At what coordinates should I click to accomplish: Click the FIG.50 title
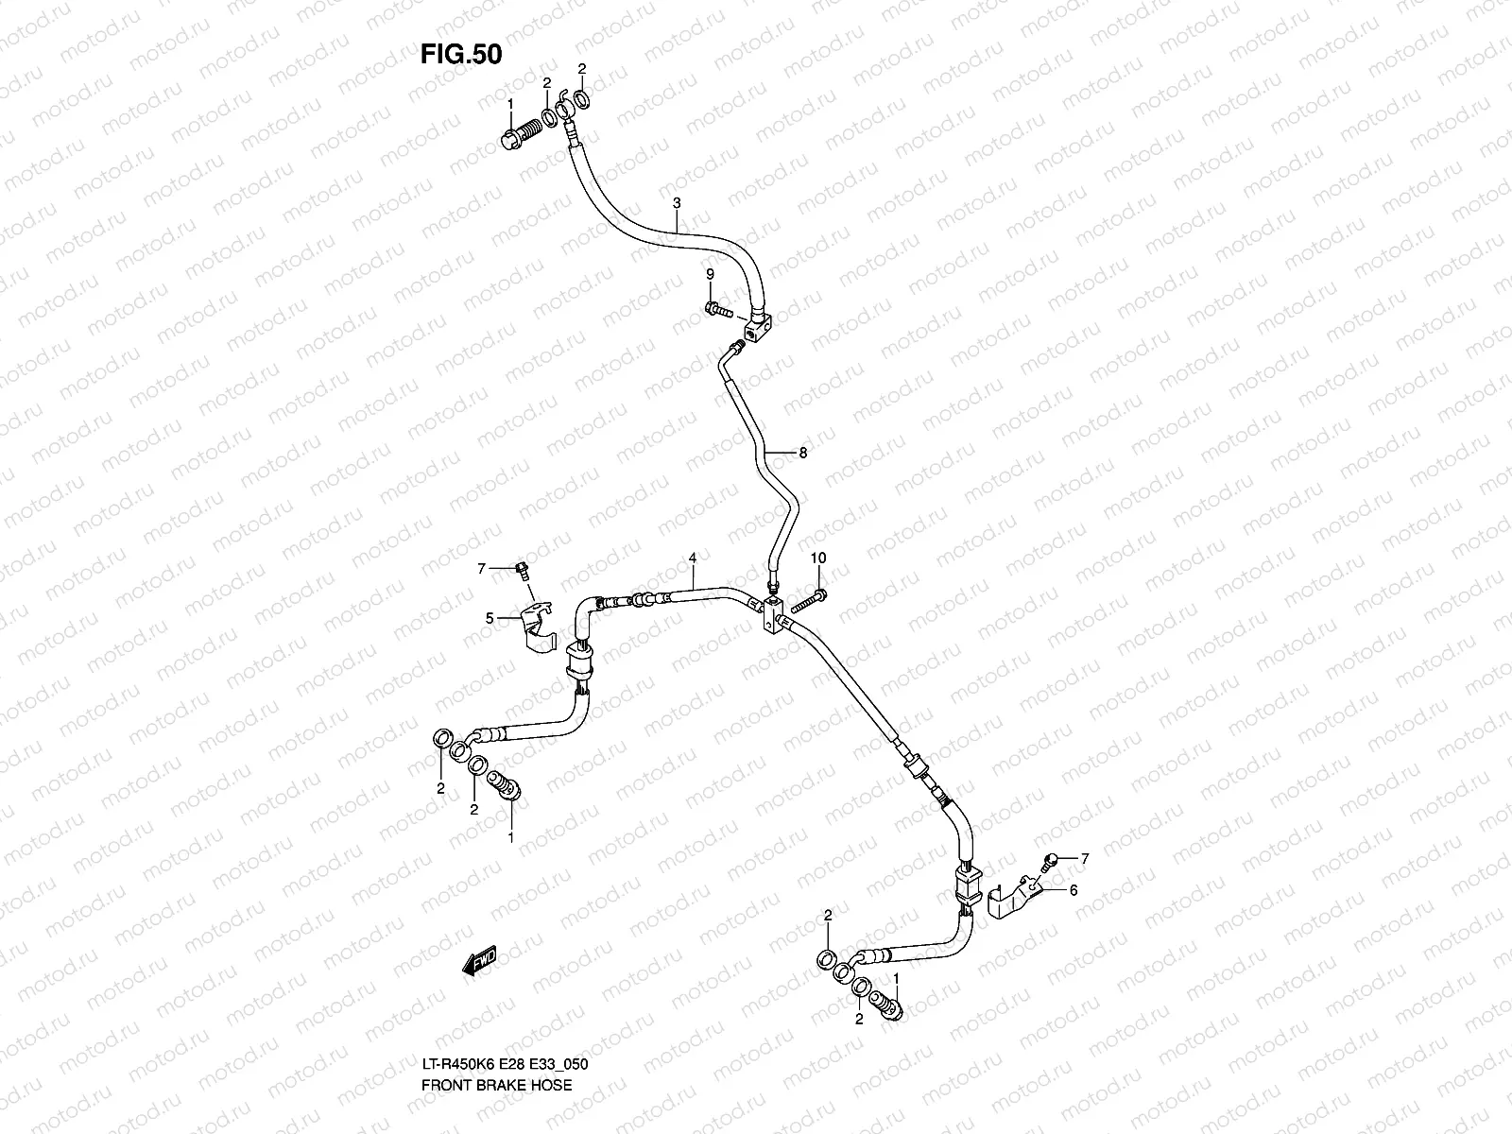[461, 55]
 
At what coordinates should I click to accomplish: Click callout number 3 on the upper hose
[677, 203]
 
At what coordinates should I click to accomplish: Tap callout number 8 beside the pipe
[802, 453]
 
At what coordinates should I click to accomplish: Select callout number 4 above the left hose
[693, 559]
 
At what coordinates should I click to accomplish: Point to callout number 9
[710, 274]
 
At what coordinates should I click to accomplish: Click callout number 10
[818, 558]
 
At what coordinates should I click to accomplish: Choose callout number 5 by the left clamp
[490, 618]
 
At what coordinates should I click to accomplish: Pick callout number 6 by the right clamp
[1073, 889]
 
